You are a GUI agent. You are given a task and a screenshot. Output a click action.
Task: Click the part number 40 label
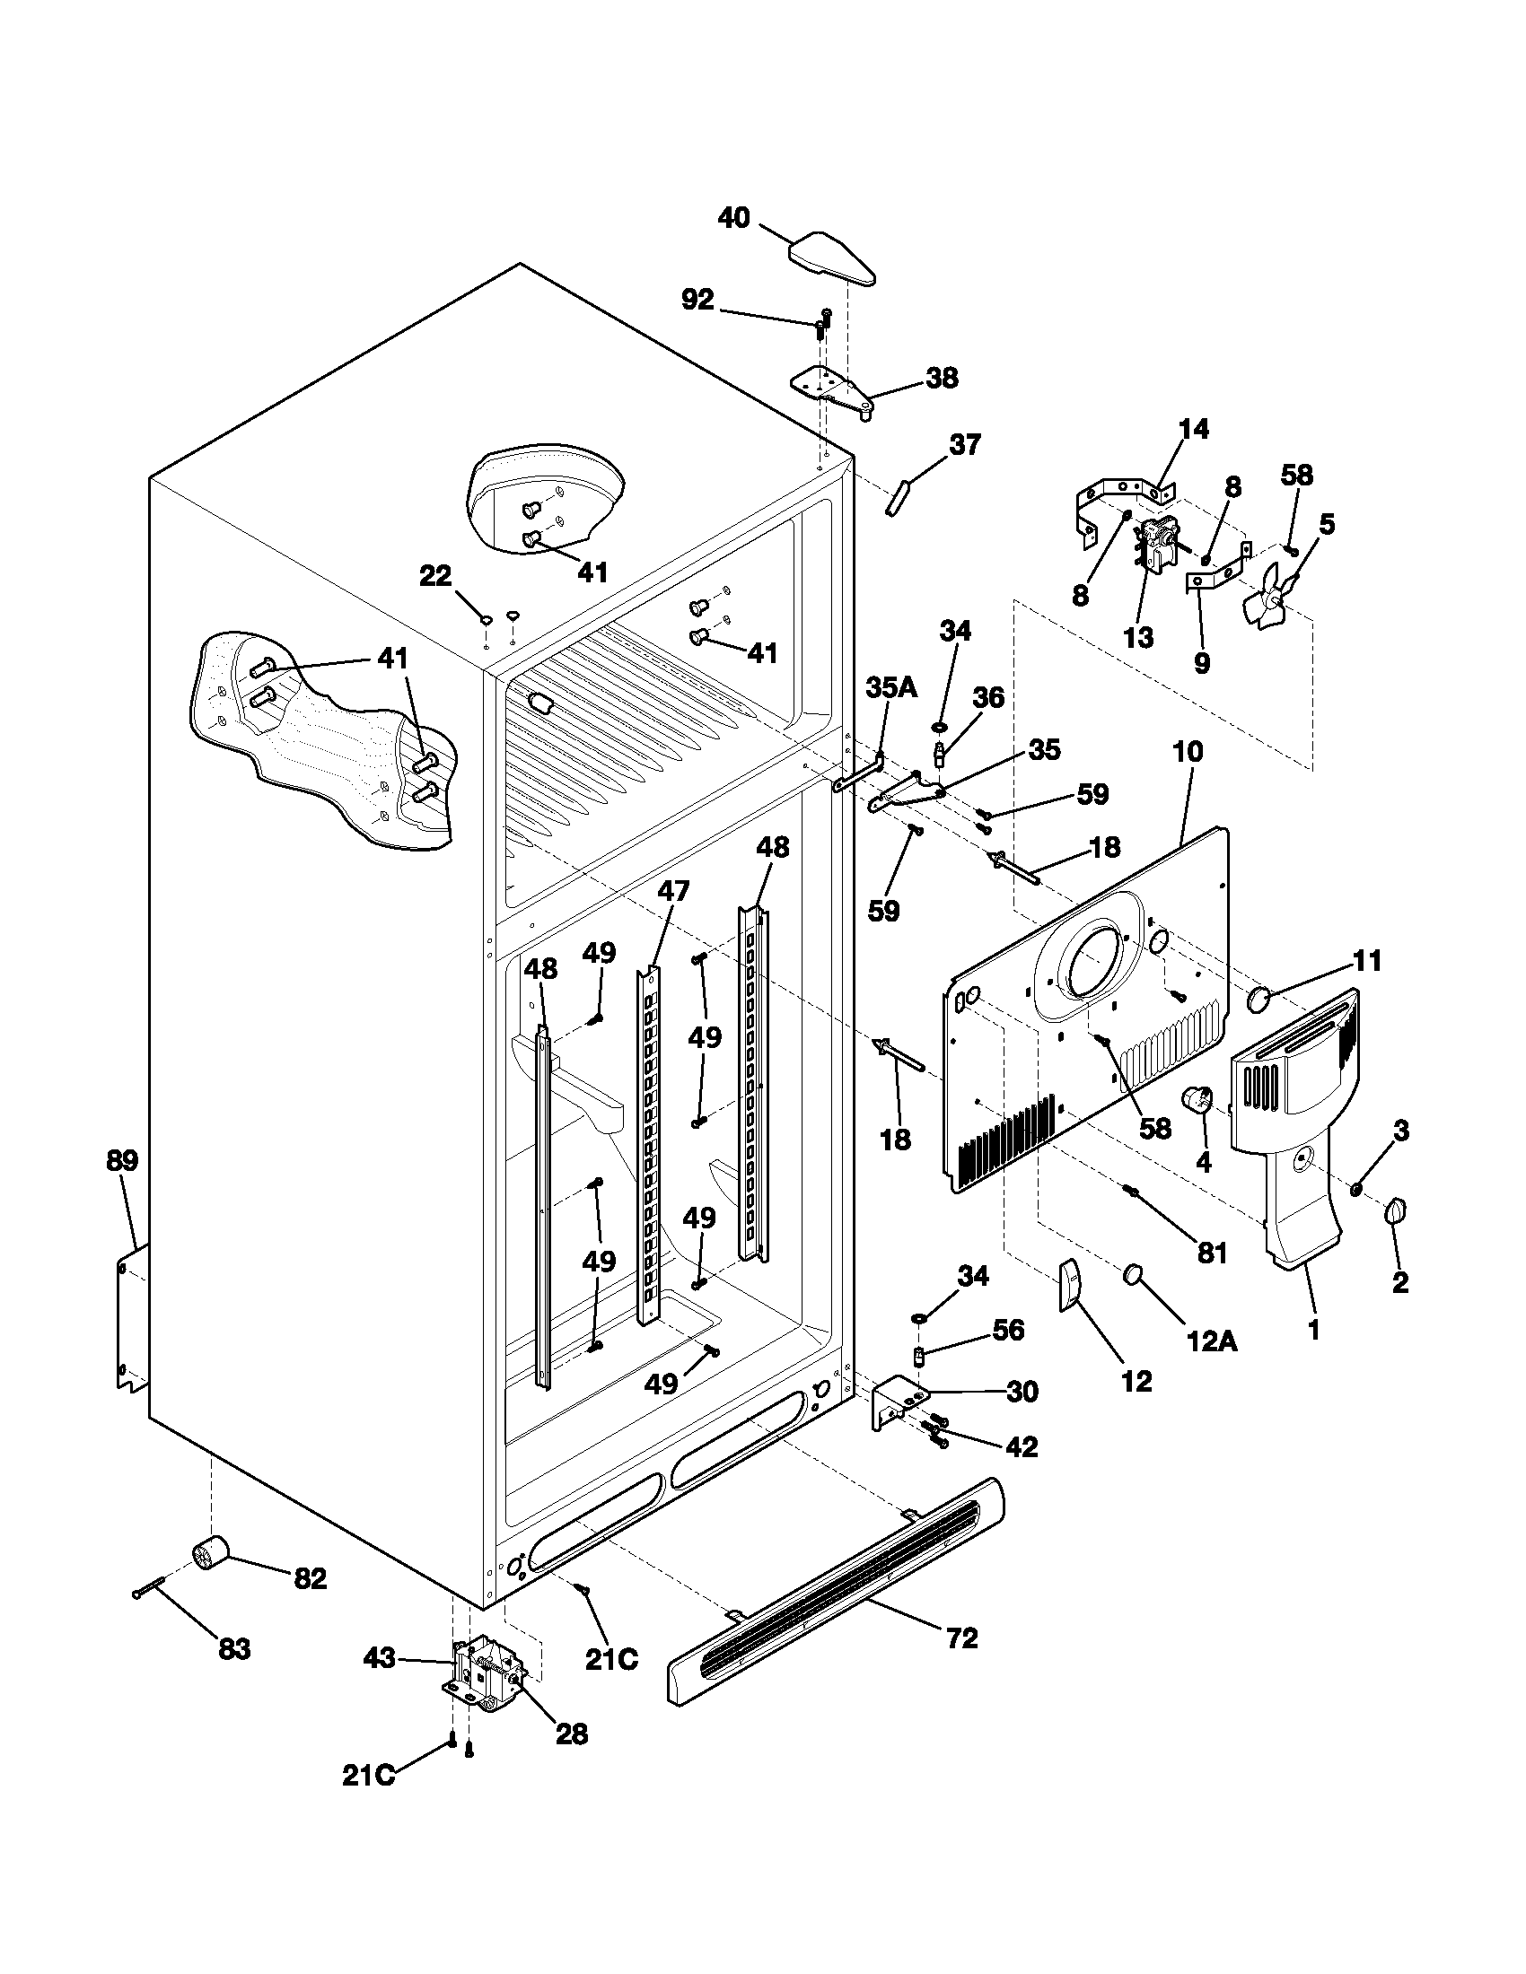coord(734,218)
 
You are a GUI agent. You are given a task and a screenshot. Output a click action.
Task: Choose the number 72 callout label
coord(962,1638)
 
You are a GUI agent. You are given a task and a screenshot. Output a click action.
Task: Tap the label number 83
coord(234,1649)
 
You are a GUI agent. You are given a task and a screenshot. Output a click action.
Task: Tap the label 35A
coord(891,687)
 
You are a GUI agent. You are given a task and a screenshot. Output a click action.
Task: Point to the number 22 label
coord(434,576)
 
